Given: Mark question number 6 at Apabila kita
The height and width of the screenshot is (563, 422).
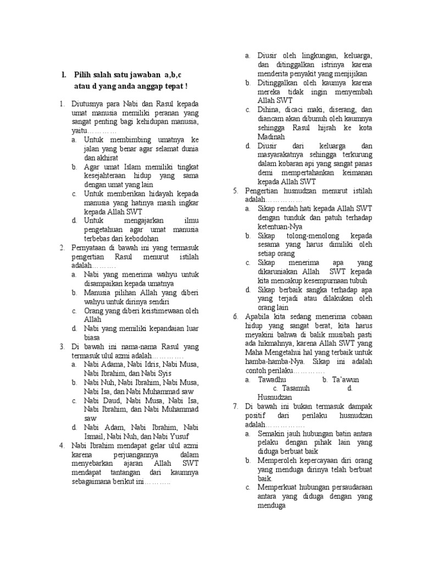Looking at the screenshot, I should pos(235,317).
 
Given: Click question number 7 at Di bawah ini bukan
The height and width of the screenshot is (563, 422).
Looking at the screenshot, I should pos(235,406).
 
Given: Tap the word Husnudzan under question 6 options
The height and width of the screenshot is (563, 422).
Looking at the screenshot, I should pos(275,397).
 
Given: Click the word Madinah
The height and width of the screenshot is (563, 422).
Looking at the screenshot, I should pos(271,137).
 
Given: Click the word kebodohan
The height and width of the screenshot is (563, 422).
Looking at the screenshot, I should pos(140,239).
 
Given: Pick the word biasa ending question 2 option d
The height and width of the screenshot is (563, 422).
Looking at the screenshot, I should pos(92,338).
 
